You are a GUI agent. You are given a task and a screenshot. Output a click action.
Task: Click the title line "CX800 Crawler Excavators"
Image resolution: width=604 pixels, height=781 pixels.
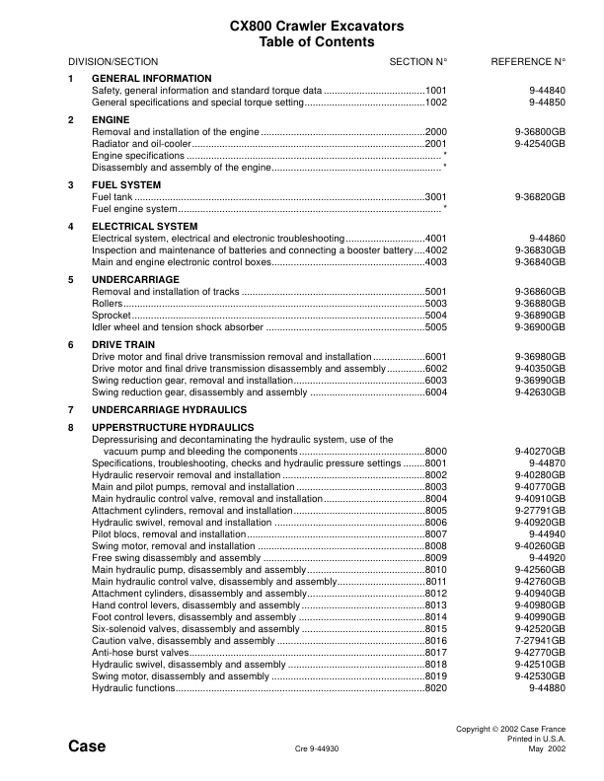(x=302, y=27)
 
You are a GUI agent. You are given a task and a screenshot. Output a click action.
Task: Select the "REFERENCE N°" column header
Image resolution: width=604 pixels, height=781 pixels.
(x=528, y=61)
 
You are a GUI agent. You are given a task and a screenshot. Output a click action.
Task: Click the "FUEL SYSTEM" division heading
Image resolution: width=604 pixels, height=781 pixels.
(x=126, y=184)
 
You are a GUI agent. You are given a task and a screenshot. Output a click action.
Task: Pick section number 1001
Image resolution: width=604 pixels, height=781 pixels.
(x=436, y=90)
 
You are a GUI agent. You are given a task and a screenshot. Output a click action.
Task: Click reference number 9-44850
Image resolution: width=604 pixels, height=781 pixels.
(x=547, y=102)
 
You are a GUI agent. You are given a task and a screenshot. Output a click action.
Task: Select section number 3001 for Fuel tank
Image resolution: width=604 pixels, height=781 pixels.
(x=436, y=197)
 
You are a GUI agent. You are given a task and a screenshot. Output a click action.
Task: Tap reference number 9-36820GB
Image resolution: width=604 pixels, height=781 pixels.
(x=540, y=197)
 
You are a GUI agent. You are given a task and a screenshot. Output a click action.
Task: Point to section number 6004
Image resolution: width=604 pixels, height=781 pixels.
(x=436, y=391)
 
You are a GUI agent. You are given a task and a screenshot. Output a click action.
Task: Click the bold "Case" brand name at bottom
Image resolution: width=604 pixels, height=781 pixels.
(x=87, y=745)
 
